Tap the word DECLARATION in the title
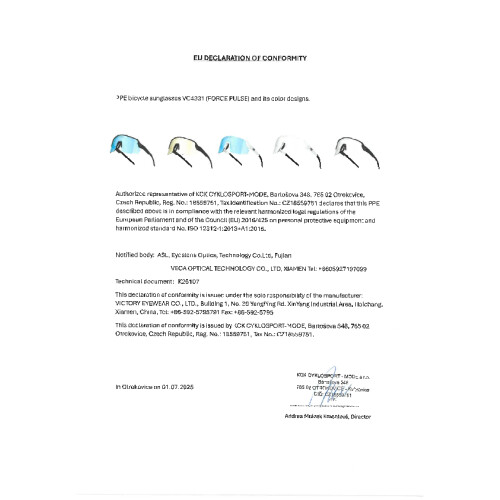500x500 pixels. [227, 60]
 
